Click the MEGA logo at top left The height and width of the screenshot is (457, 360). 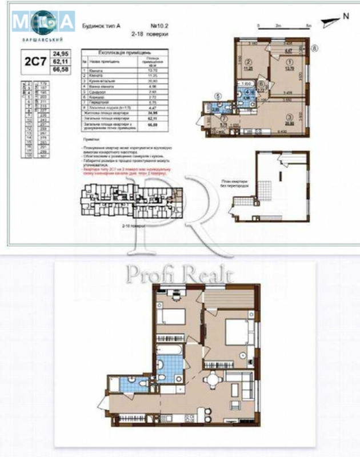pos(43,22)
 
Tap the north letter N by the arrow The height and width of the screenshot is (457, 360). pos(345,17)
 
